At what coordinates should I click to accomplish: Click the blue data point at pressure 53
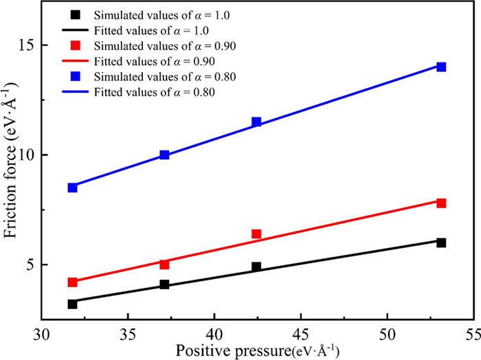(x=441, y=67)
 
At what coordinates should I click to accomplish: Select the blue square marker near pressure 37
(x=164, y=155)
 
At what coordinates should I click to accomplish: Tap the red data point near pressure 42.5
(x=256, y=234)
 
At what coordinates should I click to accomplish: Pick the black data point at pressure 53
(x=441, y=243)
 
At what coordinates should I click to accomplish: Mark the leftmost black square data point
(x=72, y=304)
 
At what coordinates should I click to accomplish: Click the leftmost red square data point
(x=72, y=282)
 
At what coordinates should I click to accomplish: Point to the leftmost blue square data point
(x=72, y=188)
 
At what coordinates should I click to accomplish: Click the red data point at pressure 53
(x=441, y=203)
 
